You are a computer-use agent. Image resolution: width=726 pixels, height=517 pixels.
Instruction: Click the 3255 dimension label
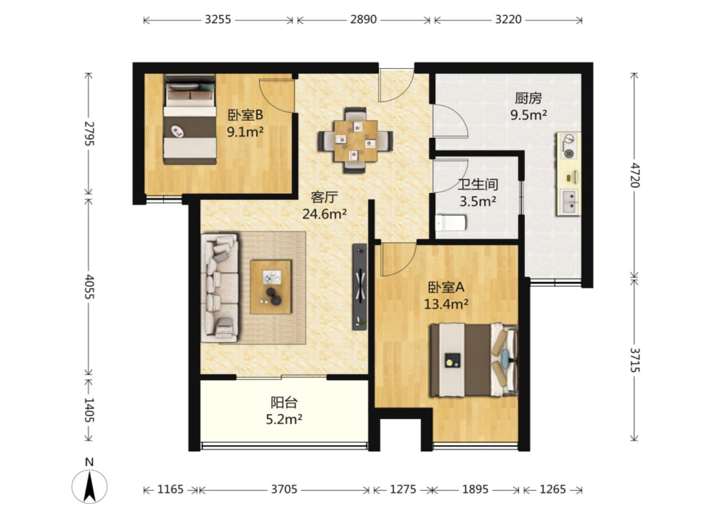click(218, 20)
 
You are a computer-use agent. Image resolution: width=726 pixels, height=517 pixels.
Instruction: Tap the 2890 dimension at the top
click(364, 20)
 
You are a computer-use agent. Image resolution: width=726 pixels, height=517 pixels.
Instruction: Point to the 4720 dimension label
click(635, 176)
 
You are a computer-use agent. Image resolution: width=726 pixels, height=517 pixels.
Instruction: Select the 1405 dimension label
click(89, 410)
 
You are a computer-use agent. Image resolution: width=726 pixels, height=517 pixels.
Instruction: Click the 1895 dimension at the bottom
click(475, 489)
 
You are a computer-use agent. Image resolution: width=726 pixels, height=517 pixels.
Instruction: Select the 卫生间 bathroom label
click(478, 184)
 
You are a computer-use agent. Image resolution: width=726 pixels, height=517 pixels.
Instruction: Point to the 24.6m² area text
click(325, 214)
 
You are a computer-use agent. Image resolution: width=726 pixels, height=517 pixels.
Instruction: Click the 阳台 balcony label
click(284, 402)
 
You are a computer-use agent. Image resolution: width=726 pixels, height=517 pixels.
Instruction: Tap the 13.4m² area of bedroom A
click(446, 304)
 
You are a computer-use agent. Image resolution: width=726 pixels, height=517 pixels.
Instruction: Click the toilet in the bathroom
click(451, 223)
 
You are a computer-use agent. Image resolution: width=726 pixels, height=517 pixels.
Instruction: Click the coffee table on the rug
click(271, 287)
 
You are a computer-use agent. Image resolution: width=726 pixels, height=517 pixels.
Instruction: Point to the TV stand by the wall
click(360, 287)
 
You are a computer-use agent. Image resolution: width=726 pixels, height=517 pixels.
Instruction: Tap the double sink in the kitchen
click(569, 202)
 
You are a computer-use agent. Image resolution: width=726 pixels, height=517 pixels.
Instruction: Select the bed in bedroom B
click(190, 120)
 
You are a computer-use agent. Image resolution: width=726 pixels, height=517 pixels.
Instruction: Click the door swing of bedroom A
click(398, 260)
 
